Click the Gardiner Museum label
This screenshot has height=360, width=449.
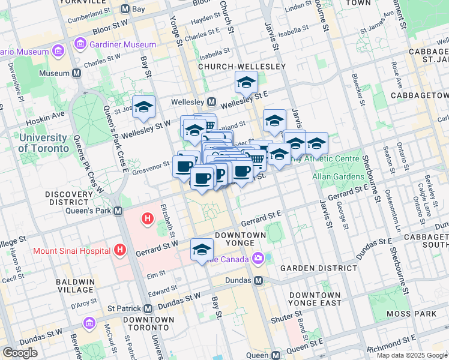123,45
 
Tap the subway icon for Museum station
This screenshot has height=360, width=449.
76,73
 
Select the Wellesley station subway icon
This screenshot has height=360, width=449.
211,101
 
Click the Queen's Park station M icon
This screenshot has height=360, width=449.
118,211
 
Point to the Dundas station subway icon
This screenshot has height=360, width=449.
259,280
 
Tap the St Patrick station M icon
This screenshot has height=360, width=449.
148,308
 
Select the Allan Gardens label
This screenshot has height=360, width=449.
338,177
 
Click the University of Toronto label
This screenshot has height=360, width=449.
43,143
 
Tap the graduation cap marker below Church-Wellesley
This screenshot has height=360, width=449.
246,82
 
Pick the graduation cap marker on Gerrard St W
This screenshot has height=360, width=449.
202,250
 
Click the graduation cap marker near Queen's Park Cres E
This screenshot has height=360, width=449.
143,107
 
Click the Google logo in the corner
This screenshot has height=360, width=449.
20,353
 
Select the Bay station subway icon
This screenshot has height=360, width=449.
125,10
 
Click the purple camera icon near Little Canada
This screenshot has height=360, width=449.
258,259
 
